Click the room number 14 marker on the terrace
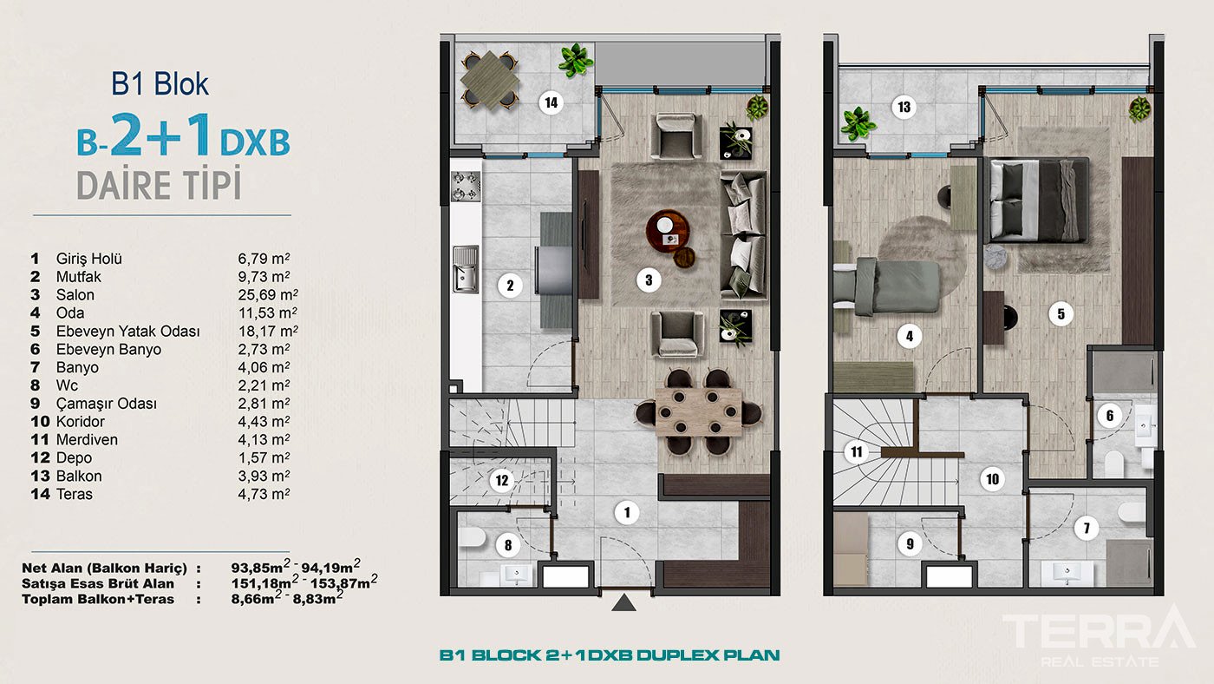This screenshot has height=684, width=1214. pos(550,103)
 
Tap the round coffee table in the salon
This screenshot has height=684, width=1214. pos(669,230)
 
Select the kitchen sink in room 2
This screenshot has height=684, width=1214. pos(465,267)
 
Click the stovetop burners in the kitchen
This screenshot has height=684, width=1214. pos(464,186)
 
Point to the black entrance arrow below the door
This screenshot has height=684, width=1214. pos(623,603)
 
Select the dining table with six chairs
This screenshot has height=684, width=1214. pos(700,412)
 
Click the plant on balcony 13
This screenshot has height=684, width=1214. pos(858,123)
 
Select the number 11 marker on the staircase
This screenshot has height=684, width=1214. pos(857,451)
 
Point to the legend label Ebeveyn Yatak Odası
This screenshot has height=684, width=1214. pos(127,332)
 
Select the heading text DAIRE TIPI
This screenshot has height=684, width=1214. pos(159,187)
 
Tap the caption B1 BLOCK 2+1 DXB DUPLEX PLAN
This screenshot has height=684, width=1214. pos(609,655)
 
